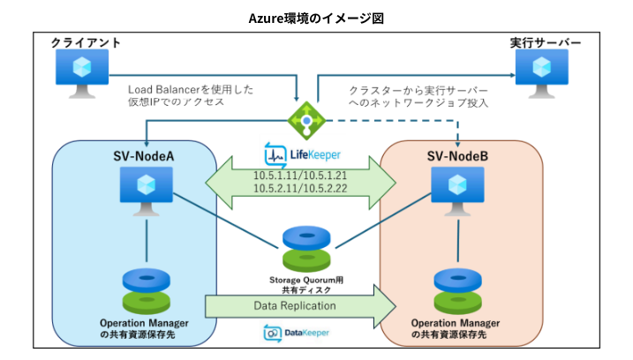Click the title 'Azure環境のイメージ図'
point(316,17)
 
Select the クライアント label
point(86,42)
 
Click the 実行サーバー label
point(546,42)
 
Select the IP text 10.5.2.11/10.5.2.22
point(298,190)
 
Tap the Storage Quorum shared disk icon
point(305,250)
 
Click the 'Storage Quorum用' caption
point(305,280)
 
